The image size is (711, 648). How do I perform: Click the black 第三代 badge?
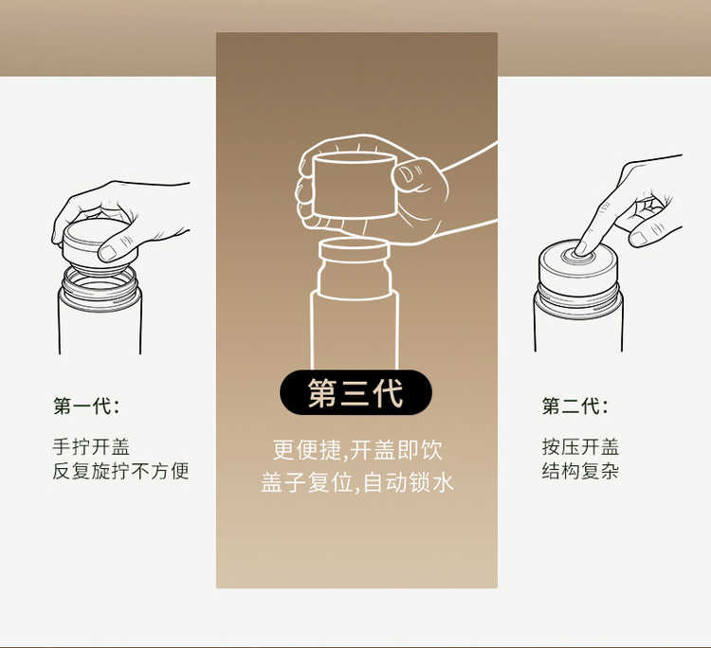pyautogui.click(x=355, y=392)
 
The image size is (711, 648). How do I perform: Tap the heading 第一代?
pyautogui.click(x=86, y=405)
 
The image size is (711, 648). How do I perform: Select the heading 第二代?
pyautogui.click(x=575, y=405)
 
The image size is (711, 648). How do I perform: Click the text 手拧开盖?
pyautogui.click(x=91, y=447)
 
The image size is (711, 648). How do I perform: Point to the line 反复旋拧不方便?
pyautogui.click(x=120, y=471)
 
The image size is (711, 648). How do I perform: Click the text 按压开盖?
pyautogui.click(x=580, y=447)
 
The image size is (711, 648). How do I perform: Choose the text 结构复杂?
pyautogui.click(x=580, y=471)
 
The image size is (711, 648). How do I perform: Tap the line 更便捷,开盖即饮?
pyautogui.click(x=357, y=450)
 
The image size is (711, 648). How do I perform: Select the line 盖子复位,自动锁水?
pyautogui.click(x=357, y=481)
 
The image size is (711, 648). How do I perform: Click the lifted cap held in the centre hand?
pyautogui.click(x=355, y=186)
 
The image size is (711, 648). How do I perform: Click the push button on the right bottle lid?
pyautogui.click(x=578, y=257)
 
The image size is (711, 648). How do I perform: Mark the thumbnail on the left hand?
pyautogui.click(x=108, y=253)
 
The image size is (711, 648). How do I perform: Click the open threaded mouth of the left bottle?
pyautogui.click(x=100, y=287)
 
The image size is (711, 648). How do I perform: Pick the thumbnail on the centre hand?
pyautogui.click(x=408, y=173)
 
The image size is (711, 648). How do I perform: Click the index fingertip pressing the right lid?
pyautogui.click(x=582, y=247)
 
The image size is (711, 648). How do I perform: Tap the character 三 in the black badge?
pyautogui.click(x=355, y=392)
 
